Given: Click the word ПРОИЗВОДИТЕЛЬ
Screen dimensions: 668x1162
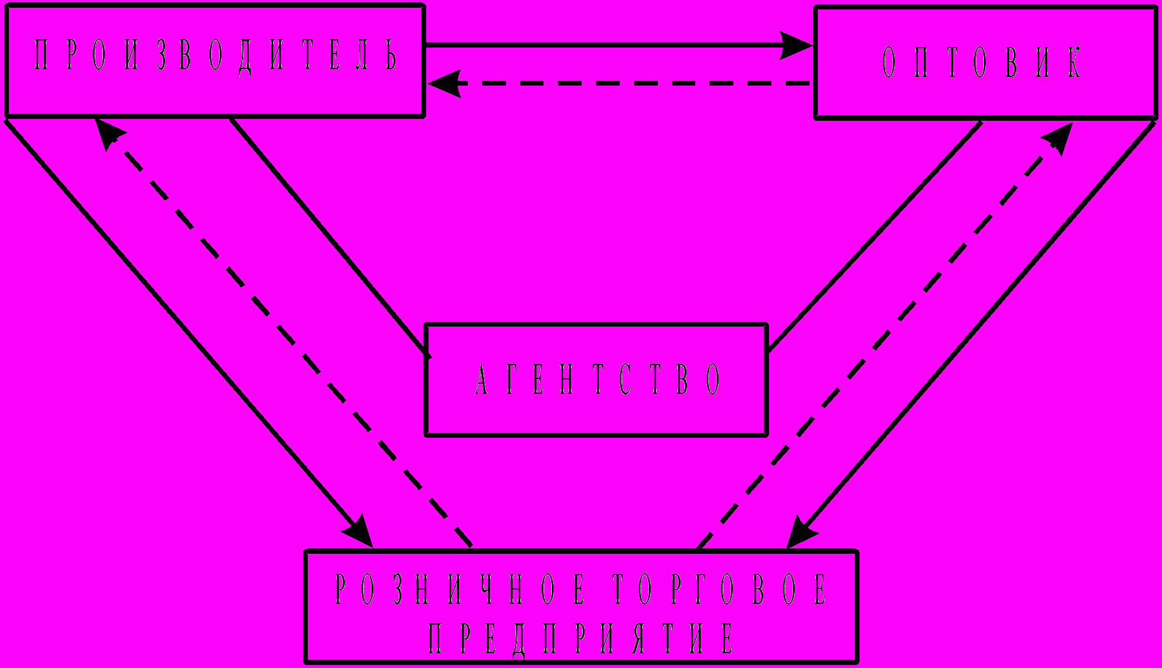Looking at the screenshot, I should (215, 55).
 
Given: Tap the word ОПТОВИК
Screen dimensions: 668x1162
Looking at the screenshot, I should (981, 61).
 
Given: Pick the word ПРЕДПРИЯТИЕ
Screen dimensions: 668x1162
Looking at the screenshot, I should (580, 638).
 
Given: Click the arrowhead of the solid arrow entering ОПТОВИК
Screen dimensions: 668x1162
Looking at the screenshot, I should (796, 45).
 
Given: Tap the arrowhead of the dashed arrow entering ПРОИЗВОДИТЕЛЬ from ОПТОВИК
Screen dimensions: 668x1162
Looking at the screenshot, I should (445, 83).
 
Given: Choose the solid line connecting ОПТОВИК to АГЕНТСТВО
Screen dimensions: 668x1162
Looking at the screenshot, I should (875, 234).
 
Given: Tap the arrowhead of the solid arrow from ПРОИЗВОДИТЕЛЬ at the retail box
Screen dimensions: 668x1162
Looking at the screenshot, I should (358, 531).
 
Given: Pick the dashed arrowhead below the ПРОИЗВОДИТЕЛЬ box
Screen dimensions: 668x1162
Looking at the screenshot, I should (110, 134).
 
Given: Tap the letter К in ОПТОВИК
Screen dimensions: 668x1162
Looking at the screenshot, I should (1073, 61).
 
